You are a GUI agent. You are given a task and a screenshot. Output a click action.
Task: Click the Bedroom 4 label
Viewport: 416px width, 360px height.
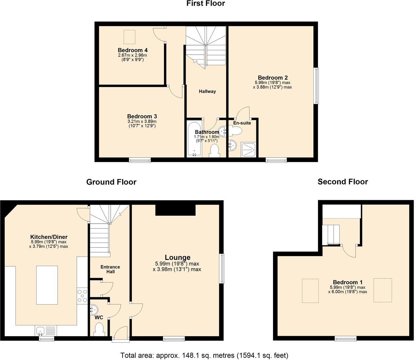133,50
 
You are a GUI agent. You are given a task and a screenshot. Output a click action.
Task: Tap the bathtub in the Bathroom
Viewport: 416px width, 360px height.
194,139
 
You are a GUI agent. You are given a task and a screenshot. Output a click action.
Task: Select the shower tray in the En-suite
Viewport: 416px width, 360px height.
248,150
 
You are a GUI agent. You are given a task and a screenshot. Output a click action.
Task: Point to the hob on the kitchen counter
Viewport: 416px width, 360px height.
82,296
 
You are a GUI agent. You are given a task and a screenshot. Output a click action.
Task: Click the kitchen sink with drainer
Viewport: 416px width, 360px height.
46,331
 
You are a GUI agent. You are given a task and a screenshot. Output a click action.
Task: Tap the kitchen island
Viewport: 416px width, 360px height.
47,285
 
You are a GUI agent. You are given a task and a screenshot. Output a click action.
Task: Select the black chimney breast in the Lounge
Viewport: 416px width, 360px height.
175,210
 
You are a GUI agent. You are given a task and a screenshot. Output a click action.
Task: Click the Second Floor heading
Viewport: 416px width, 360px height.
343,182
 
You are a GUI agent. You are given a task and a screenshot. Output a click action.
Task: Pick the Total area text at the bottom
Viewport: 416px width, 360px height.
204,355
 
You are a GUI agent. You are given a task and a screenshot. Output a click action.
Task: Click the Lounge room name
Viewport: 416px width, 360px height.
177,257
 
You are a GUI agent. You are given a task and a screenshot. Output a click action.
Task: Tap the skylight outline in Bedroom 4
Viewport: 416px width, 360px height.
129,37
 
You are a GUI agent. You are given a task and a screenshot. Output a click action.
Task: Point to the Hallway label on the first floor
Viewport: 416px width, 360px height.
207,91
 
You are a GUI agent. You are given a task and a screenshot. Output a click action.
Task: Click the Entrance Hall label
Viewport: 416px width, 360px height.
110,269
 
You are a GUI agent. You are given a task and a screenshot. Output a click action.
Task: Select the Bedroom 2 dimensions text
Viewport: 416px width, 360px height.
272,85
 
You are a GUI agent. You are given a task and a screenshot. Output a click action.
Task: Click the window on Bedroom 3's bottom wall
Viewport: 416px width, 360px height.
140,160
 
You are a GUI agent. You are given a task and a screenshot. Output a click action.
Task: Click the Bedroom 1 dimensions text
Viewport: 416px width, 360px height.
348,289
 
